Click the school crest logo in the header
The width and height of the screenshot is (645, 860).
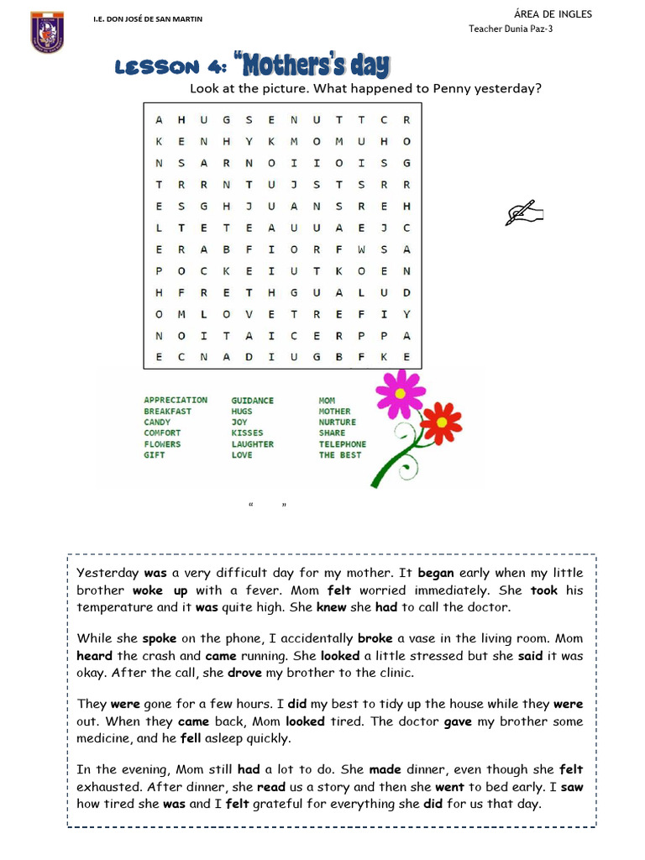pos(48,31)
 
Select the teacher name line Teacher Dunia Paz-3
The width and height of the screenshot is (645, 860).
pos(510,29)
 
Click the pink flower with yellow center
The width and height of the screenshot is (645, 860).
pos(400,393)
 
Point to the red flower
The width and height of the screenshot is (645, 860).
pos(440,422)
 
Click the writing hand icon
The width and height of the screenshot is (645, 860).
pos(524,213)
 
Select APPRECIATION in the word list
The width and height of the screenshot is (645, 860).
pos(175,401)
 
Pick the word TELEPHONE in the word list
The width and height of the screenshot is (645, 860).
pos(342,444)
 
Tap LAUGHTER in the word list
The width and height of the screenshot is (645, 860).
pos(252,444)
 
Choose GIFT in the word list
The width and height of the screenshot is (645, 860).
pos(155,455)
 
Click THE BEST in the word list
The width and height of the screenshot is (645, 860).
pos(339,455)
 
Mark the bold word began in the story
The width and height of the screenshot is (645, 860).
pos(435,574)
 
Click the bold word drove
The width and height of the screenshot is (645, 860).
pos(244,673)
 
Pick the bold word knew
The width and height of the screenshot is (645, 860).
pos(330,607)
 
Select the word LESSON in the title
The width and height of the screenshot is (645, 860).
pos(156,67)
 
